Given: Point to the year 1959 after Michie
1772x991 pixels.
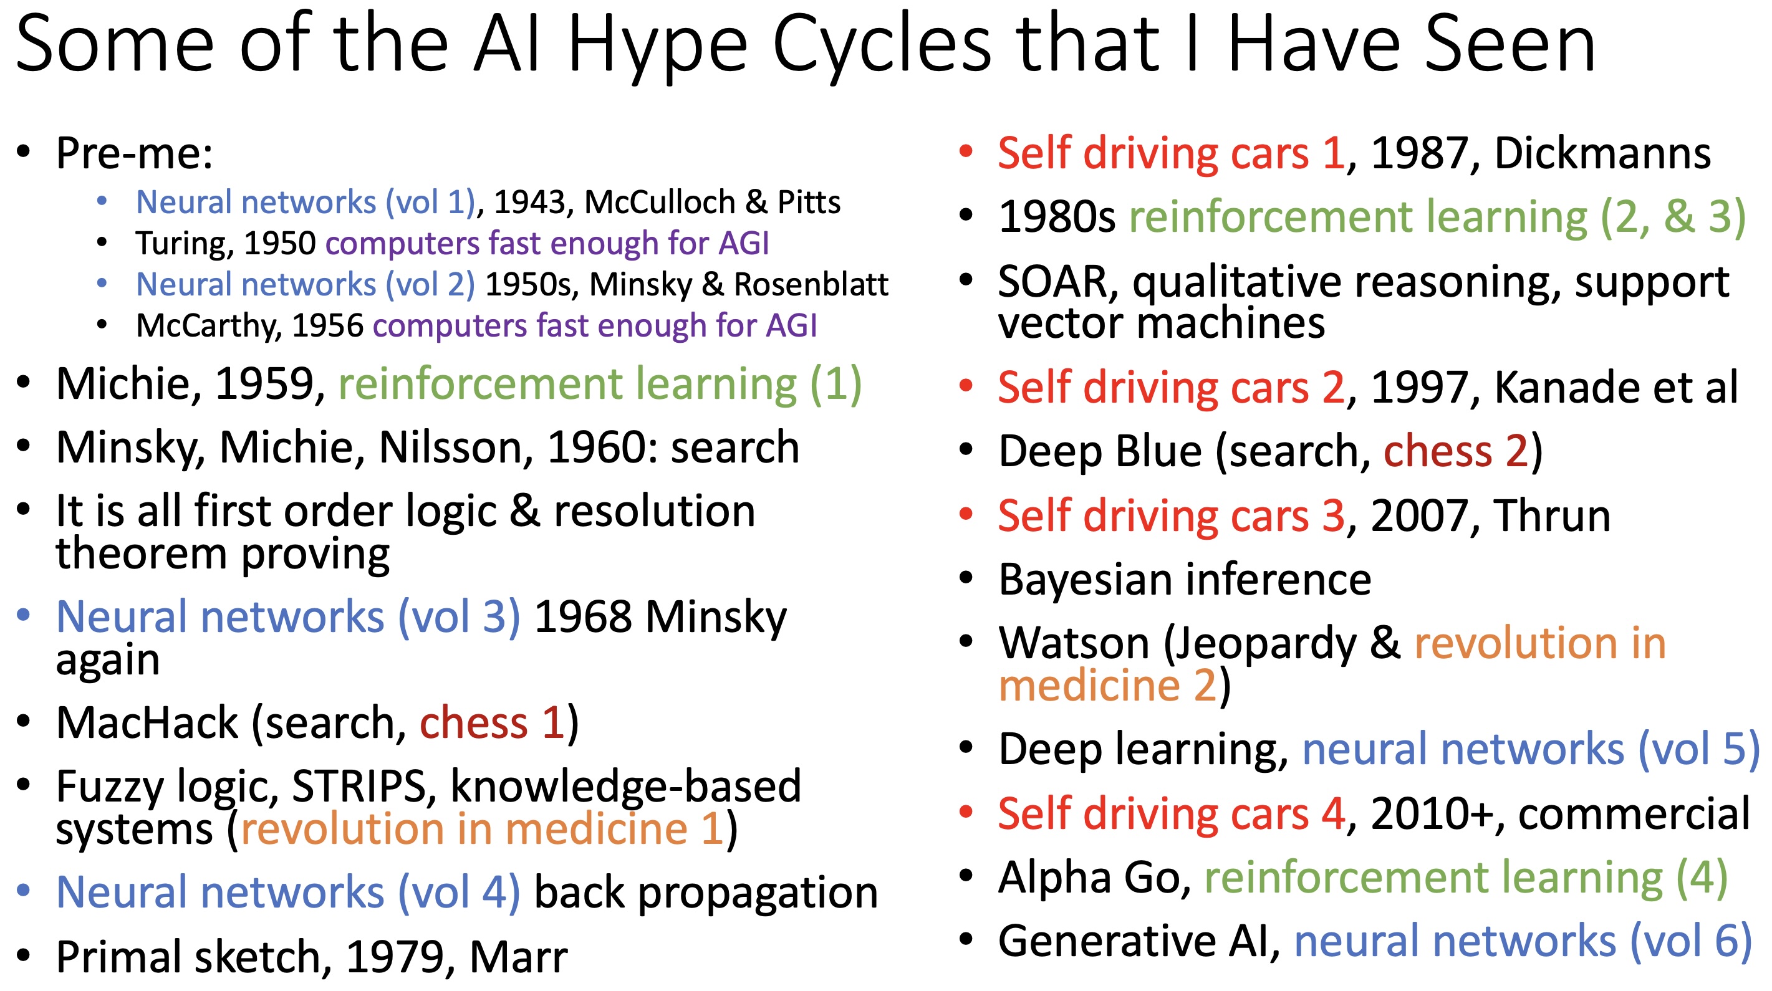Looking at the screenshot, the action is tap(264, 384).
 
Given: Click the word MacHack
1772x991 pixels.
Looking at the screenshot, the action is tap(147, 723).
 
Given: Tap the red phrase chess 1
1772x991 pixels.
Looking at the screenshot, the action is tap(493, 723).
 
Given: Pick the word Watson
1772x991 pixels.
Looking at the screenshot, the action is tap(1074, 644).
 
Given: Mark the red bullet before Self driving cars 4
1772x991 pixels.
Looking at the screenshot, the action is tap(966, 812).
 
